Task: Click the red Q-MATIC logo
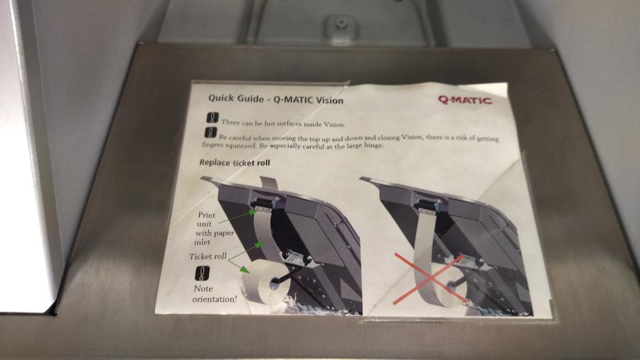pyautogui.click(x=465, y=100)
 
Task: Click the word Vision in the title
pyautogui.click(x=329, y=100)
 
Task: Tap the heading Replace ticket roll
pyautogui.click(x=235, y=162)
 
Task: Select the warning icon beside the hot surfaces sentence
pyautogui.click(x=212, y=117)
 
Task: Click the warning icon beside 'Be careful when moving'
pyautogui.click(x=210, y=132)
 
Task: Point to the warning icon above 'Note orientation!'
pyautogui.click(x=202, y=273)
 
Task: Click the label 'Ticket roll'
pyautogui.click(x=208, y=256)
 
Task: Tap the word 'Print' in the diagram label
pyautogui.click(x=206, y=215)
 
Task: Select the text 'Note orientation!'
pyautogui.click(x=214, y=294)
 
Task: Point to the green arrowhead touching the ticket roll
pyautogui.click(x=244, y=269)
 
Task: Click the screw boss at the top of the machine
pyautogui.click(x=341, y=23)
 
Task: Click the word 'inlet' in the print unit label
pyautogui.click(x=203, y=242)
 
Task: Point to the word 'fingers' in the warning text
pyautogui.click(x=212, y=144)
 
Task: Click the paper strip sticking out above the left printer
pyautogui.click(x=270, y=184)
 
